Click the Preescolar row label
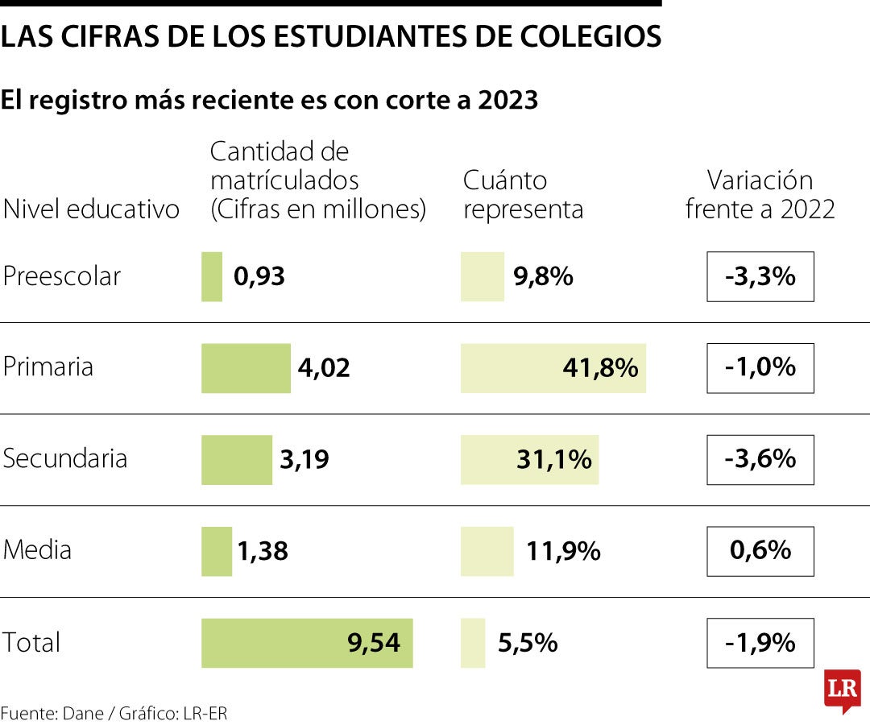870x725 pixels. [62, 276]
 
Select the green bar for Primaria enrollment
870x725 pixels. [246, 368]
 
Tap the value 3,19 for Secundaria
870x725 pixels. [304, 460]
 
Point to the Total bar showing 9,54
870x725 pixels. [307, 643]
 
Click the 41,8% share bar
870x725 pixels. [553, 368]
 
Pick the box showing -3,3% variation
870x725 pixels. [760, 276]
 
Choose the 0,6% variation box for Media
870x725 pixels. [760, 551]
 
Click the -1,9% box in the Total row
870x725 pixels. [760, 643]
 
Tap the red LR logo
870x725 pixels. [842, 690]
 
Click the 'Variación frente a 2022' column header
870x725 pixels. [760, 194]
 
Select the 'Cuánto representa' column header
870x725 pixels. [523, 194]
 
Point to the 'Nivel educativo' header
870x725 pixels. [91, 209]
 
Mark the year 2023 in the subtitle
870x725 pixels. [507, 100]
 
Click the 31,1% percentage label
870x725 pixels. [554, 460]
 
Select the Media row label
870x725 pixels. [38, 551]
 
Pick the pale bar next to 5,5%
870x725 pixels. [473, 643]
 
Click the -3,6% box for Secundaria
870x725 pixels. [760, 460]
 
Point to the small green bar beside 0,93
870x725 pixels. [212, 276]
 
